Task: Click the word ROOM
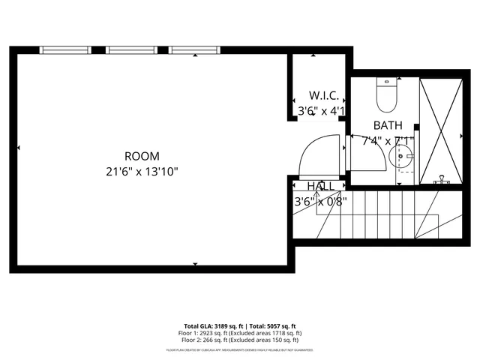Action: [x=142, y=156]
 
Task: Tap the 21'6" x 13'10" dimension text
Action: [x=142, y=171]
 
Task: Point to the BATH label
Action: [x=388, y=126]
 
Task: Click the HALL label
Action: [x=321, y=186]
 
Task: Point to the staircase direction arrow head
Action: [x=316, y=193]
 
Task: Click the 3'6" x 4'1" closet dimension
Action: [x=321, y=111]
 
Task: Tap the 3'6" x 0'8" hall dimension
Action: [x=320, y=201]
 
